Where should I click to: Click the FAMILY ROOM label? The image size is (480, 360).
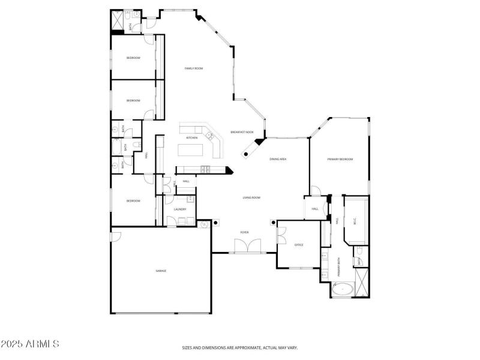[193, 69]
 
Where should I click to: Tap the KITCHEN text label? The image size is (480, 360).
[191, 138]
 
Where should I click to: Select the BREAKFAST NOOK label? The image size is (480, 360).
[242, 132]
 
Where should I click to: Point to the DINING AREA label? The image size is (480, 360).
[278, 159]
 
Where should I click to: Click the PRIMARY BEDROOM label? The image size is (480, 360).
[340, 159]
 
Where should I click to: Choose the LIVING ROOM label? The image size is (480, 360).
[251, 197]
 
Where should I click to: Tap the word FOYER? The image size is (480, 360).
[245, 232]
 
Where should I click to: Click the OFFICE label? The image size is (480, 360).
[299, 245]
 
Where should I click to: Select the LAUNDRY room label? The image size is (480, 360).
[180, 209]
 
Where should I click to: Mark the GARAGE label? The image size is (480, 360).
[161, 271]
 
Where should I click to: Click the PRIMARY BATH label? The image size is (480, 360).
[339, 266]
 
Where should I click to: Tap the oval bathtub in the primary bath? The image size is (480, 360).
[343, 290]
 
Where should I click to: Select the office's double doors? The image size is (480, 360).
[281, 235]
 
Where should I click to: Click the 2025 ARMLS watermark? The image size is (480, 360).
[30, 344]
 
